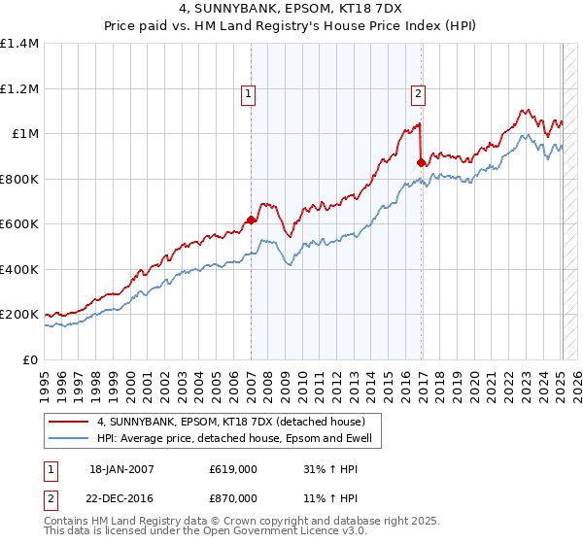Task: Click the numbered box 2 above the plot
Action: click(x=418, y=94)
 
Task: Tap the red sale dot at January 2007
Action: click(x=251, y=221)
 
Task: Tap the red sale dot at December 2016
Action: click(x=421, y=163)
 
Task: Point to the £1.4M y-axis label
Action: click(x=19, y=44)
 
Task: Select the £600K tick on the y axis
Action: click(x=19, y=224)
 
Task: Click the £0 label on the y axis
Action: click(x=31, y=360)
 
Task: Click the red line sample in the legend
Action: click(x=69, y=422)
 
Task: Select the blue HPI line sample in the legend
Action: click(x=69, y=438)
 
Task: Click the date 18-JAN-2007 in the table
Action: click(x=121, y=469)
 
